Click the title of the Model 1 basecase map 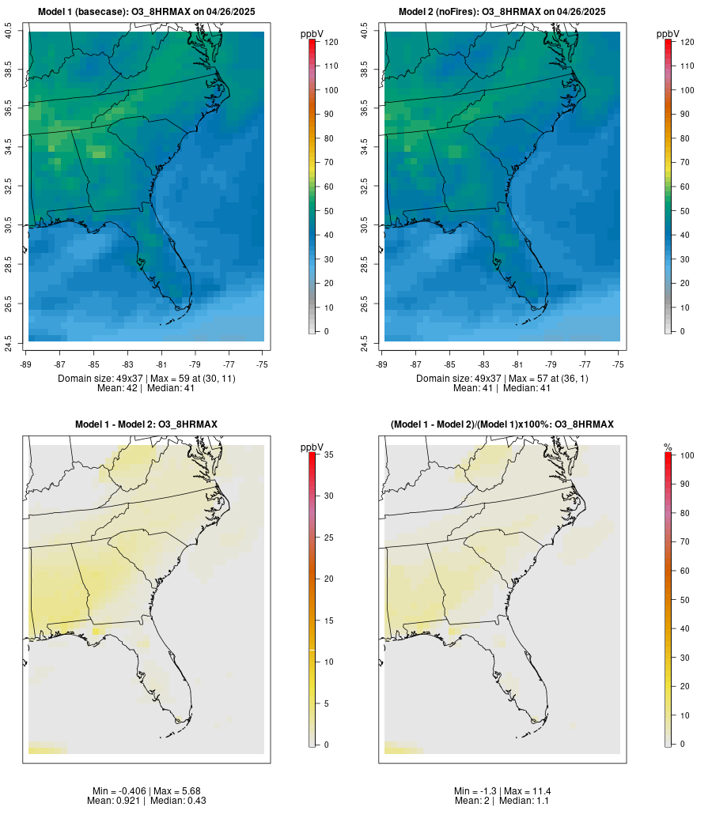click(146, 12)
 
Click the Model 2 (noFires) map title click(502, 12)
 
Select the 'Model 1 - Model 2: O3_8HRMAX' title click(146, 424)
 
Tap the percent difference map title click(502, 424)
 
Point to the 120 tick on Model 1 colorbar click(331, 42)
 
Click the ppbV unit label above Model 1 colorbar click(312, 34)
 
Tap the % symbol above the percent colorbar click(668, 447)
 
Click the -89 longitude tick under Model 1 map click(28, 364)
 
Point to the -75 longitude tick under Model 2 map click(619, 364)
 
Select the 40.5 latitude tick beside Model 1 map click(8, 32)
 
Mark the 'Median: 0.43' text click(172, 801)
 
